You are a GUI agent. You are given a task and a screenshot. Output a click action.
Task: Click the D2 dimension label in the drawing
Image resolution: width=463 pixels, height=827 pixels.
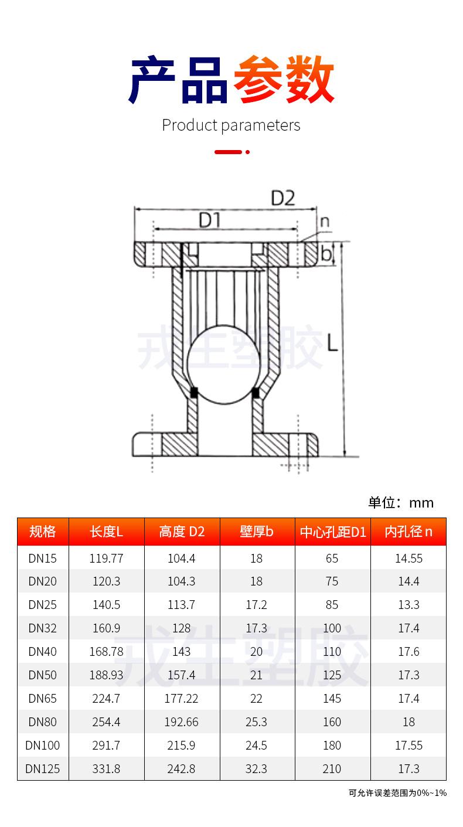282,199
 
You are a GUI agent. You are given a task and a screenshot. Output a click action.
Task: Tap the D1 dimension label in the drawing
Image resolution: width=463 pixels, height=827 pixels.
209,220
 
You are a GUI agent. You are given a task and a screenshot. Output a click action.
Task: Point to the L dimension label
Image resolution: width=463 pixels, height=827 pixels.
332,342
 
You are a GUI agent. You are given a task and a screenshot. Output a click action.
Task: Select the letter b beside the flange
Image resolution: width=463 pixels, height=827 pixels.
326,254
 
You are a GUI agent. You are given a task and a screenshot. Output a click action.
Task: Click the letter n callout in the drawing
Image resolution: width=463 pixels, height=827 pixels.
324,222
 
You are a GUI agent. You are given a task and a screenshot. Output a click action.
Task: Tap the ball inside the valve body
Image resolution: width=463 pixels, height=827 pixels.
223,363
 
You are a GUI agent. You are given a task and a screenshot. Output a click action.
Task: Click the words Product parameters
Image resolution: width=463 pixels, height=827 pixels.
231,125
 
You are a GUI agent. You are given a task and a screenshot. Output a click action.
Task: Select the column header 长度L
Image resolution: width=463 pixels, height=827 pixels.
106,532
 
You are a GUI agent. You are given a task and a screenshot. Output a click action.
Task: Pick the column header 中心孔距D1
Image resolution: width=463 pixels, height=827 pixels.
332,532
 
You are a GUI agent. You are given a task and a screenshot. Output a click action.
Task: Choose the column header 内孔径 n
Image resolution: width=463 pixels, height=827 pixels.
408,532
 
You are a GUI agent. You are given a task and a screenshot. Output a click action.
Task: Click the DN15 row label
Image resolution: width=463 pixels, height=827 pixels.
43,558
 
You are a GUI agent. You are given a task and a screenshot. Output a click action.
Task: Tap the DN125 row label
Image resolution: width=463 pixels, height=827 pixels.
43,768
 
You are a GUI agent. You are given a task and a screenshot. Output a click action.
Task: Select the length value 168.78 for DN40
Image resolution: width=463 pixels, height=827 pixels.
106,652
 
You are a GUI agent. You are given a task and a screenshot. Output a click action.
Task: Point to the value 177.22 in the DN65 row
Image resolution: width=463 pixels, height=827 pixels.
182,699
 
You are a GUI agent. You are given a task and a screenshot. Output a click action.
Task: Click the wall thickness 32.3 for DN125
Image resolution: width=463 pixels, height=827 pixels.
257,768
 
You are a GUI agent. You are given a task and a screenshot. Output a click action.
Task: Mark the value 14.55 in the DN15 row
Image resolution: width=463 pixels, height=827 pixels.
408,558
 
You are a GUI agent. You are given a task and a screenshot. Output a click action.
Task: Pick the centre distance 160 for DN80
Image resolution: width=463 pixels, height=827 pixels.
332,722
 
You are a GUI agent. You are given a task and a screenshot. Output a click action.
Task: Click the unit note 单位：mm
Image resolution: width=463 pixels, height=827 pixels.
401,502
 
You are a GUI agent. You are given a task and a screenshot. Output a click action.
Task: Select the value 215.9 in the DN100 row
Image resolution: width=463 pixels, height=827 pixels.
182,746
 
